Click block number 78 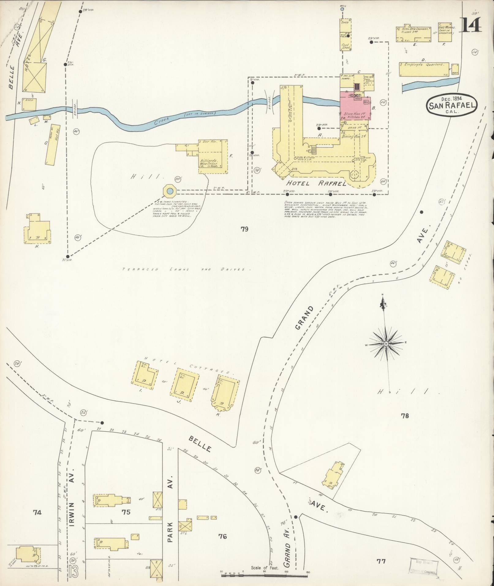pyautogui.click(x=405, y=416)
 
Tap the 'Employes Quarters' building pyautogui.click(x=424, y=70)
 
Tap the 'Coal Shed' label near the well pyautogui.click(x=345, y=47)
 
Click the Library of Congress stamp pyautogui.click(x=424, y=567)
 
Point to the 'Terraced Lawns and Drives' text pyautogui.click(x=186, y=270)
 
